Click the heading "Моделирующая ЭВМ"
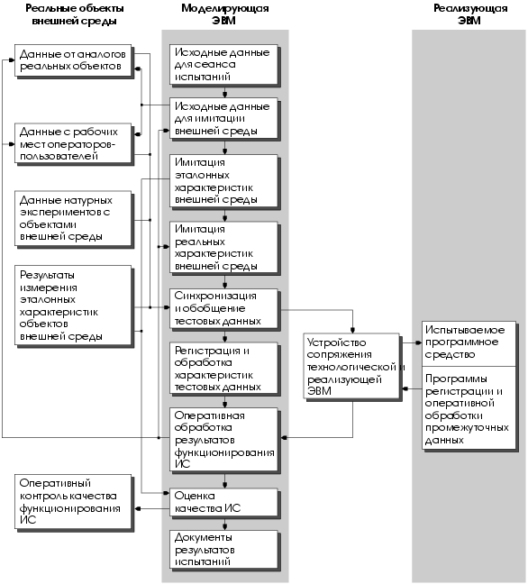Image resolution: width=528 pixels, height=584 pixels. pyautogui.click(x=225, y=14)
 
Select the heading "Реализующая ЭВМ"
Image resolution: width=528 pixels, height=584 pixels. pyautogui.click(x=470, y=14)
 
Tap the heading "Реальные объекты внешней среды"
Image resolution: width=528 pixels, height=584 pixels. pyautogui.click(x=74, y=14)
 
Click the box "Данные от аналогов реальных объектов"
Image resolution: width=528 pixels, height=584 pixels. pyautogui.click(x=74, y=60)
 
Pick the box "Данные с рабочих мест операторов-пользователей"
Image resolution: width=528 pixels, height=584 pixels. pyautogui.click(x=74, y=144)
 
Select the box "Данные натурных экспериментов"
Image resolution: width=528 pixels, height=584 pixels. pyautogui.click(x=74, y=219)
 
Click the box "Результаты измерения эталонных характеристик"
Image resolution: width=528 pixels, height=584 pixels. pyautogui.click(x=74, y=306)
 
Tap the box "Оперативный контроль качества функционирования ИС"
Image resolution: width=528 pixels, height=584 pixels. pyautogui.click(x=74, y=502)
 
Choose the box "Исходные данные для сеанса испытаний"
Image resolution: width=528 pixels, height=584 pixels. pyautogui.click(x=224, y=65)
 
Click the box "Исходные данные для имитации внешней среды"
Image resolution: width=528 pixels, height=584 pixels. pyautogui.click(x=224, y=119)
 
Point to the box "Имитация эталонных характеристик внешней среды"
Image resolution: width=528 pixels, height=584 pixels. pyautogui.click(x=224, y=181)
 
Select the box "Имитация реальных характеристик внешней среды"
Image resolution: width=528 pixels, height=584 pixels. pyautogui.click(x=224, y=248)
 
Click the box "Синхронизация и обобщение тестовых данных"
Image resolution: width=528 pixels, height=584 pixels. pyautogui.click(x=224, y=309)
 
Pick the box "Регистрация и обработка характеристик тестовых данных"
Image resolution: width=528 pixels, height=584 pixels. pyautogui.click(x=224, y=369)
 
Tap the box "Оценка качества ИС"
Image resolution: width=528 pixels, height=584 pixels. pyautogui.click(x=224, y=502)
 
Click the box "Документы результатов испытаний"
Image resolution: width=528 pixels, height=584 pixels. pyautogui.click(x=224, y=550)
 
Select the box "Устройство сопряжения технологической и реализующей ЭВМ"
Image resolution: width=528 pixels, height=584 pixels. pyautogui.click(x=352, y=367)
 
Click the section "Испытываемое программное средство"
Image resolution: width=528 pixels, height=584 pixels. pyautogui.click(x=469, y=343)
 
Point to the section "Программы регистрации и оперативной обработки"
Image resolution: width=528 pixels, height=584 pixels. pyautogui.click(x=469, y=408)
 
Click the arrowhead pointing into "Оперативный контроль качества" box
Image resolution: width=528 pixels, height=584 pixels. pyautogui.click(x=137, y=509)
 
